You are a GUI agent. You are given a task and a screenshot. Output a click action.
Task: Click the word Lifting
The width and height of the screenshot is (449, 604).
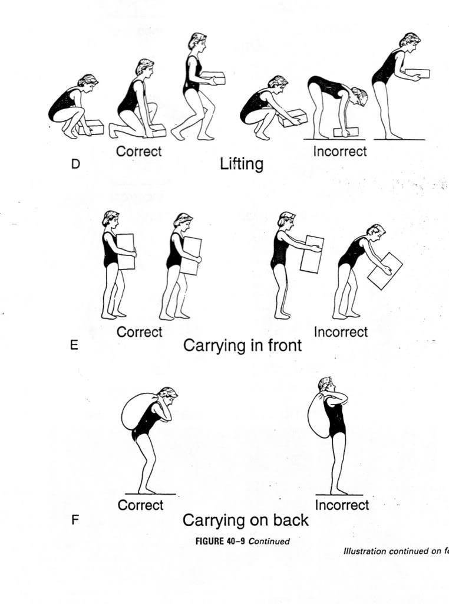[x=242, y=163]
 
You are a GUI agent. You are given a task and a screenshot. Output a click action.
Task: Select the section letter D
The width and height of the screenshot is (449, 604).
[x=75, y=164]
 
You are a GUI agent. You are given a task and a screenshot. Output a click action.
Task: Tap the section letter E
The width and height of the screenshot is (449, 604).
[x=74, y=345]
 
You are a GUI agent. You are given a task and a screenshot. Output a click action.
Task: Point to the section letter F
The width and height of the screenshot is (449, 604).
[x=75, y=520]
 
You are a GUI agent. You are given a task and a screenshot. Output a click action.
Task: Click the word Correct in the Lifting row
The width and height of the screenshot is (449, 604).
[x=138, y=151]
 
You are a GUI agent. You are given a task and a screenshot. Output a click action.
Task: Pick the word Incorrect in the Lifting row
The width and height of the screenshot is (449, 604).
[x=339, y=151]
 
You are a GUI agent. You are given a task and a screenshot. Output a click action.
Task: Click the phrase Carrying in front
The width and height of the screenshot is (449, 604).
[x=242, y=346]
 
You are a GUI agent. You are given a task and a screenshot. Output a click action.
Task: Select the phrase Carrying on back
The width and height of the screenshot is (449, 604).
[x=245, y=520]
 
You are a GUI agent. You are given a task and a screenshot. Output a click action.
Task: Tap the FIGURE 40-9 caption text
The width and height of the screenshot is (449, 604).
[x=242, y=541]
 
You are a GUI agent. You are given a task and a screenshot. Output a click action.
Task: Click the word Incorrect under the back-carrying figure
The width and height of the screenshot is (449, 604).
[x=342, y=505]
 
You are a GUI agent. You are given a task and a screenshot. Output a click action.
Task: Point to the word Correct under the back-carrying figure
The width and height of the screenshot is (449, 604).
[x=140, y=505]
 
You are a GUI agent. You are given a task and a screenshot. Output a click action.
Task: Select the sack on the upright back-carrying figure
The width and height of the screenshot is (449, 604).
[x=318, y=415]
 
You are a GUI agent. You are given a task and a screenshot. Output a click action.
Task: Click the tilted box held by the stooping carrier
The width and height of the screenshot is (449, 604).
[x=384, y=271]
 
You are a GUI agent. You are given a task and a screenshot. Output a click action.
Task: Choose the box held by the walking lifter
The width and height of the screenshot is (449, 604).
[x=213, y=77]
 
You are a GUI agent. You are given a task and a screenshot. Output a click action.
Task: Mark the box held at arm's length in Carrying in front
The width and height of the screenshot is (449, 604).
[x=312, y=254]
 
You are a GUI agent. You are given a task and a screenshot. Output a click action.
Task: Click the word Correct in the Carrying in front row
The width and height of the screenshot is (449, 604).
[x=139, y=332]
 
